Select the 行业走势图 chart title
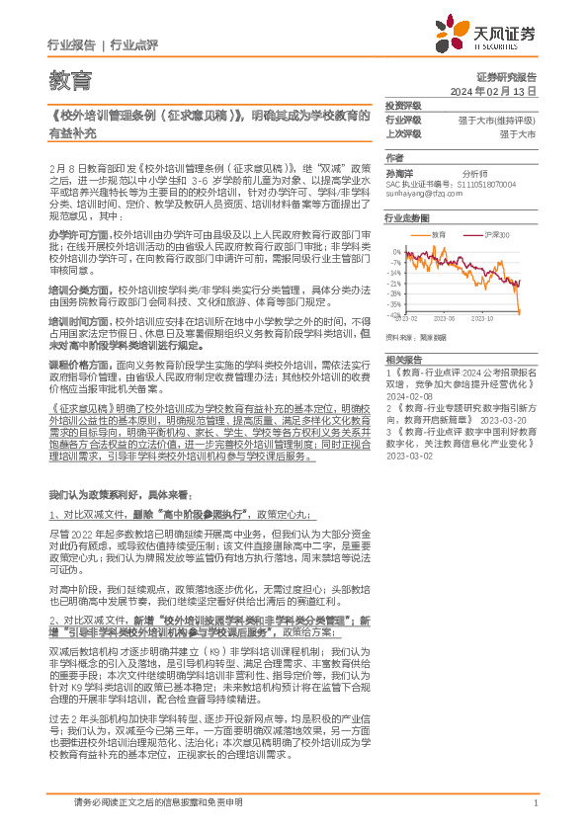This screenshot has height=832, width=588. coord(406,217)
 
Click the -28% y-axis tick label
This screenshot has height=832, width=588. coord(393,293)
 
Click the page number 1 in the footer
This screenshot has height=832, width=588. coord(535,802)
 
